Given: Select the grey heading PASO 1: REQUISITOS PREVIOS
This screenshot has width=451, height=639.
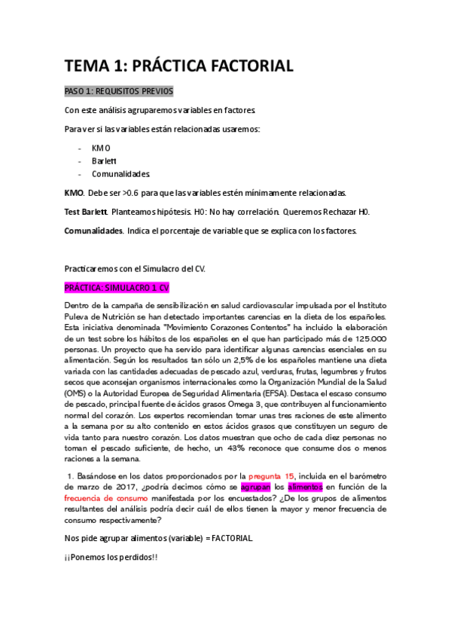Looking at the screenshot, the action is point(118,91).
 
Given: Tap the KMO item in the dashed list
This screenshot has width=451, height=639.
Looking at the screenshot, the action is point(101,148).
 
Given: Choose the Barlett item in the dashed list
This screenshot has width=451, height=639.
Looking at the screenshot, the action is point(104,161).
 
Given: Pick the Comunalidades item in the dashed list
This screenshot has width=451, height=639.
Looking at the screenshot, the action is point(121,173).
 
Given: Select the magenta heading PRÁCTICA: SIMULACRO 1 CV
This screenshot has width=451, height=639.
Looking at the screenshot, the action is point(117,288).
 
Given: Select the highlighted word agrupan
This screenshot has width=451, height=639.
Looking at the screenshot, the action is point(254,487).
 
